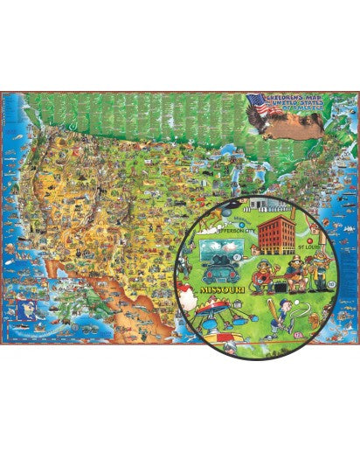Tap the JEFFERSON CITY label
tap(237, 229)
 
